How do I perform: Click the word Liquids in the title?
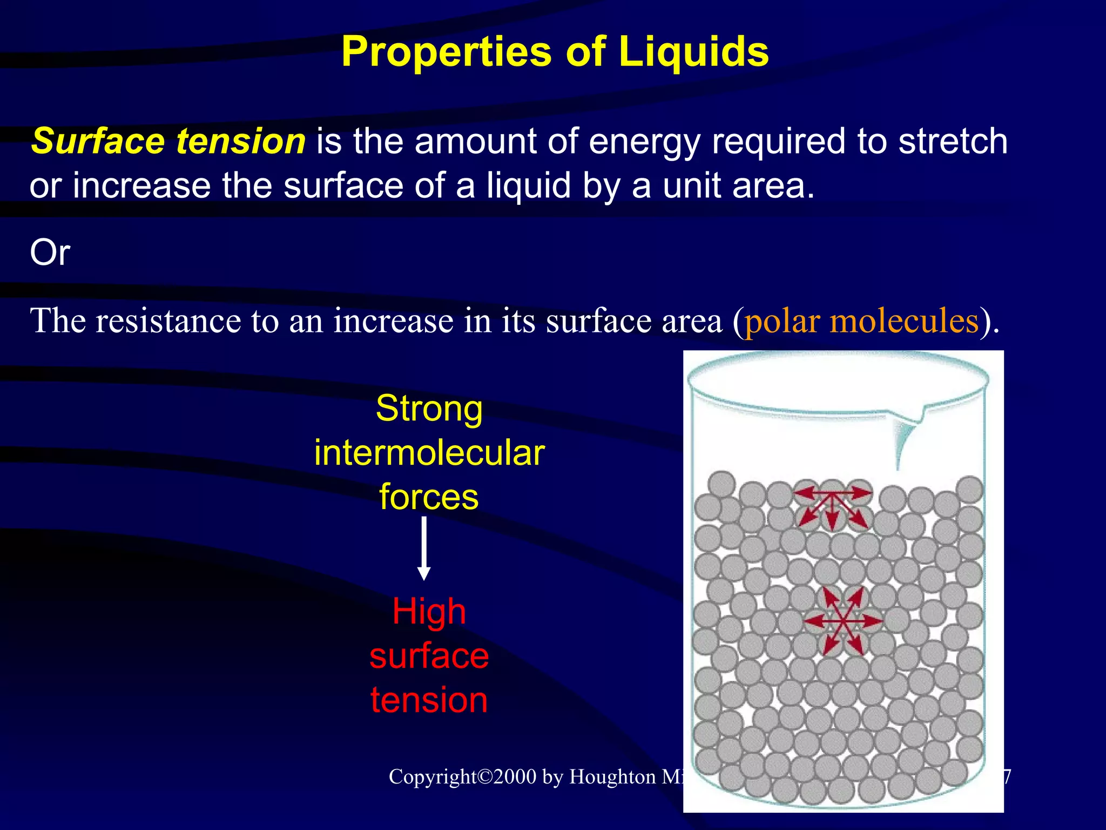coord(693,52)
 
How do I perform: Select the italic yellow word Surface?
coord(98,141)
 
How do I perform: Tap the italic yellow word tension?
coord(241,141)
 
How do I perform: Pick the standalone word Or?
coord(50,252)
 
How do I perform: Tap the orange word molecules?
coord(905,320)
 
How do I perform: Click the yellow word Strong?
coord(429,409)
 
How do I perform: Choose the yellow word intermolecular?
coord(429,453)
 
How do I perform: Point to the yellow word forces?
coord(429,497)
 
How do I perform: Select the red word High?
coord(429,612)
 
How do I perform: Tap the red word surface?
coord(429,655)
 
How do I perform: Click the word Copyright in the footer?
coord(433,777)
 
